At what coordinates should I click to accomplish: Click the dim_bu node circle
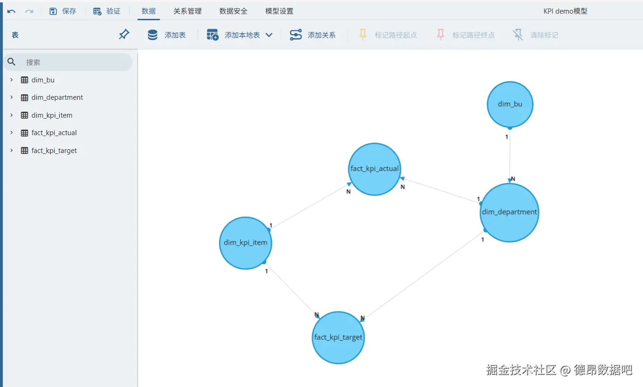[510, 105]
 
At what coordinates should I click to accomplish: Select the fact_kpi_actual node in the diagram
[374, 169]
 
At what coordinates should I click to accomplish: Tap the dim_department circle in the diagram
[509, 212]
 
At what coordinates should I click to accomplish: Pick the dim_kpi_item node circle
[245, 243]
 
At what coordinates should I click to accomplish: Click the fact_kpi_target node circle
[338, 338]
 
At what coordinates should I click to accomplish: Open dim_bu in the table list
[43, 80]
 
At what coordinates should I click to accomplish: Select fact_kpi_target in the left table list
[54, 151]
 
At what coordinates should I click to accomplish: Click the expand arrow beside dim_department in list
[11, 97]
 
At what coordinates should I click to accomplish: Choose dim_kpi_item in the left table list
[52, 115]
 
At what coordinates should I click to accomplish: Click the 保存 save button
[63, 11]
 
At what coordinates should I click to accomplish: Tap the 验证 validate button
[107, 11]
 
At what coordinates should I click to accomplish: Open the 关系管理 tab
[187, 11]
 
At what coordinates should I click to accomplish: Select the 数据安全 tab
[233, 11]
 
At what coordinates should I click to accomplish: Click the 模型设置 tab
[279, 11]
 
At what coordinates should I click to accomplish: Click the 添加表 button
[167, 35]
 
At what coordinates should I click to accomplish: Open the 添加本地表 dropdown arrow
[269, 35]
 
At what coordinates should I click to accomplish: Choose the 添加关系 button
[313, 35]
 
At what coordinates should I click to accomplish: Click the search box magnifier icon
[12, 62]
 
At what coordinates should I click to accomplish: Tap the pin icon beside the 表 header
[124, 34]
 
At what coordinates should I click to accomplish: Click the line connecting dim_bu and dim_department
[510, 155]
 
